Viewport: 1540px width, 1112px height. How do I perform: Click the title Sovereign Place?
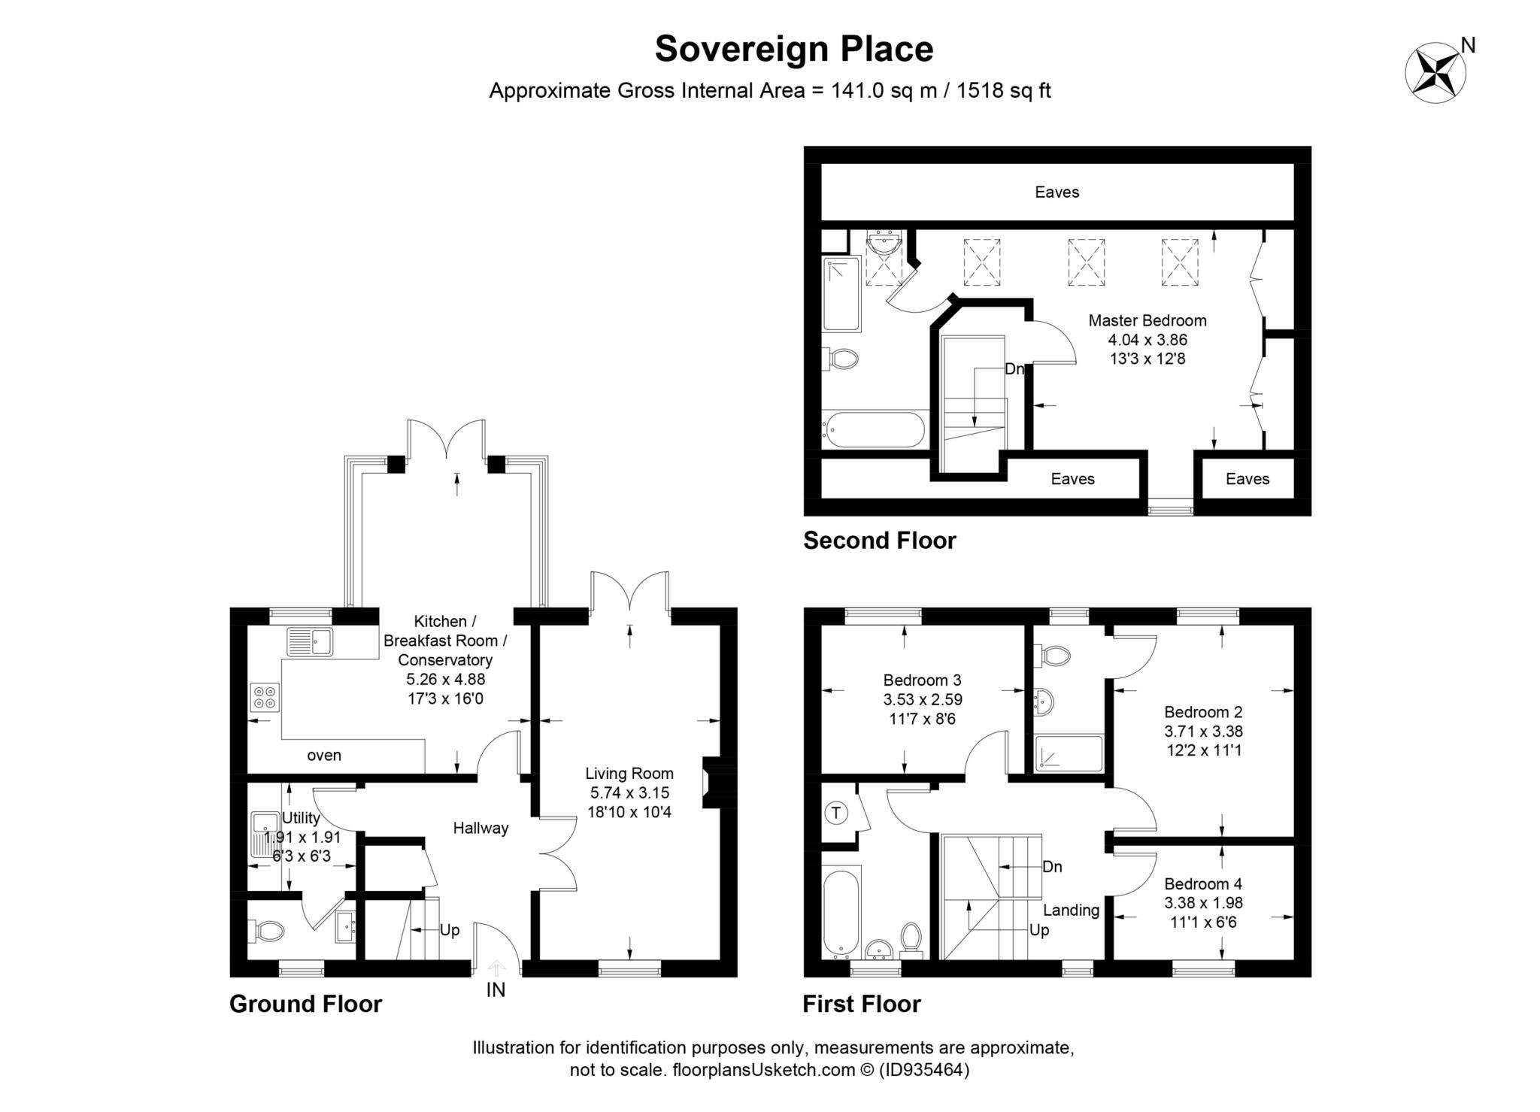(x=793, y=49)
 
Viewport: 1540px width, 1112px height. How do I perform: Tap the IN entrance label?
(x=496, y=990)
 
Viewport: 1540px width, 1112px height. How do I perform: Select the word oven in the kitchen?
(x=324, y=756)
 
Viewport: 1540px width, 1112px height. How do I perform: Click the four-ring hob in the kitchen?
(x=265, y=697)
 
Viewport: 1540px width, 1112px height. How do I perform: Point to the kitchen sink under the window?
(x=310, y=642)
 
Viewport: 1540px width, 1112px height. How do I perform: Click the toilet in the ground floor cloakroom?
(x=268, y=932)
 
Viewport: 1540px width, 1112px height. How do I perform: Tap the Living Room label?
(x=629, y=773)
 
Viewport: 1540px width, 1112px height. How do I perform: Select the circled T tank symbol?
(x=836, y=813)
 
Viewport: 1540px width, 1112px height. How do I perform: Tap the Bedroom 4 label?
(x=1203, y=883)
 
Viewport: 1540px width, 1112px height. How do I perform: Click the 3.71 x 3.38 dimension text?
(x=1203, y=731)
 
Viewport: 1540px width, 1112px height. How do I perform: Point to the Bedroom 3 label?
(x=922, y=680)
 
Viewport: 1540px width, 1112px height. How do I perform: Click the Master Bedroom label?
(x=1147, y=320)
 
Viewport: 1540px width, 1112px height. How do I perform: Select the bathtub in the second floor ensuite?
(x=874, y=430)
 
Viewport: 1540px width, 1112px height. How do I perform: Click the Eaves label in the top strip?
(x=1056, y=192)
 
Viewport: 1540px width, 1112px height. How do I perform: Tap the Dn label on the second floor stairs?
(x=1014, y=369)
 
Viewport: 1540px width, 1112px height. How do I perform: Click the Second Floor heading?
(x=879, y=541)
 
